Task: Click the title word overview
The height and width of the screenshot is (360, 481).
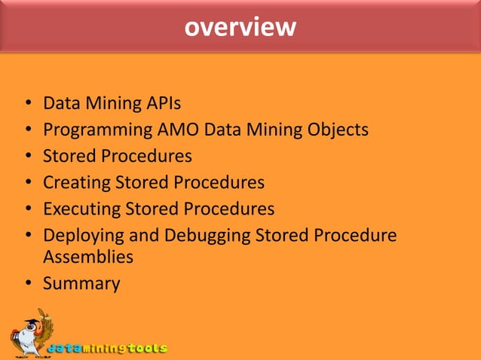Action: [240, 27]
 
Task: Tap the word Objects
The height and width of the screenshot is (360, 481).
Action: [338, 130]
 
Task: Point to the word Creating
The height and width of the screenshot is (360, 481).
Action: [76, 182]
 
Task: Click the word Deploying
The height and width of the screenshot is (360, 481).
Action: [81, 236]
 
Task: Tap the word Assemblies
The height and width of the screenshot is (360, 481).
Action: [88, 257]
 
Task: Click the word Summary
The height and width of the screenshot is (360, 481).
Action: [81, 284]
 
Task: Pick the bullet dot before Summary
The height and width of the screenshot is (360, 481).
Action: [27, 285]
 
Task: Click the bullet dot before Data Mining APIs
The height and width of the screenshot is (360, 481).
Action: [27, 103]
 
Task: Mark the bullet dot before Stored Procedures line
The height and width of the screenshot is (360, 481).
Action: [27, 157]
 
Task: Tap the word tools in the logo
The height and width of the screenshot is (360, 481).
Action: [146, 349]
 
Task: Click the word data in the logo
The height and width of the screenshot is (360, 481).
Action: [63, 349]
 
